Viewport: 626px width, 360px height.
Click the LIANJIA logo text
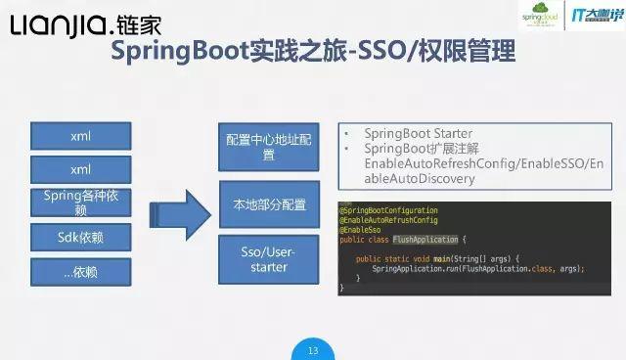point(61,25)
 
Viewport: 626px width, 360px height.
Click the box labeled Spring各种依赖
point(80,202)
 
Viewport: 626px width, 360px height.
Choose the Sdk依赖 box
point(80,237)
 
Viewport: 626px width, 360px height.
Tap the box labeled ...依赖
point(80,271)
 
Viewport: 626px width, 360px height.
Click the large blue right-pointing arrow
point(185,206)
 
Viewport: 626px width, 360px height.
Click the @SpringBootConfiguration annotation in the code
point(389,210)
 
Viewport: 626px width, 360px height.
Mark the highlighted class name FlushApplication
point(425,239)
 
